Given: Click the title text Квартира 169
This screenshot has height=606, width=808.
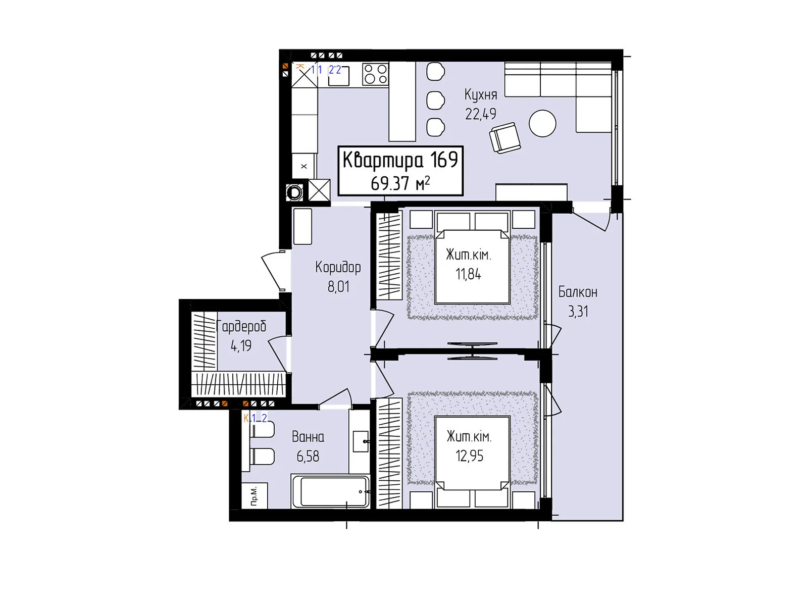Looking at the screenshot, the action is pos(400,161).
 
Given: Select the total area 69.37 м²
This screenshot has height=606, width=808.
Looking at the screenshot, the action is pos(400,183).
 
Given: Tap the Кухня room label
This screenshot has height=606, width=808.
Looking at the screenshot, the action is pos(480,95).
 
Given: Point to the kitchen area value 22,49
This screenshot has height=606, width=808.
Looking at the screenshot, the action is pos(480,114).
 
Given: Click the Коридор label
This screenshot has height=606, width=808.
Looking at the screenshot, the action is pos(338,268).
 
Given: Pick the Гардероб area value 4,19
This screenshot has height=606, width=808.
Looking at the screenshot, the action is pos(241,345).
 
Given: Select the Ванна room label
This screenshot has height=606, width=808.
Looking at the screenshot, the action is pos(308,437).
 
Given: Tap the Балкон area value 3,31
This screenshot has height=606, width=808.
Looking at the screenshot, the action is pos(578,312).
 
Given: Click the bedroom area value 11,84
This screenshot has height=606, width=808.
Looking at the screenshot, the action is pos(468,274).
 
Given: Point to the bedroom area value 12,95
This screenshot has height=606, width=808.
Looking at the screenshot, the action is pos(469,456).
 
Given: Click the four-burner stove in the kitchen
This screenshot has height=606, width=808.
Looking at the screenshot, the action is pos(376,74).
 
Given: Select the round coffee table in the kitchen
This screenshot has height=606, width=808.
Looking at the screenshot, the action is pos(542,123).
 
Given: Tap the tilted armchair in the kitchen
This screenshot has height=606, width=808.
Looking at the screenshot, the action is pos(504,137).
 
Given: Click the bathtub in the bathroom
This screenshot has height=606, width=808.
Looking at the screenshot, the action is pos(331,491).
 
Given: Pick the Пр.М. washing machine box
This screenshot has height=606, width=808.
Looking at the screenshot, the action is pos(255,495).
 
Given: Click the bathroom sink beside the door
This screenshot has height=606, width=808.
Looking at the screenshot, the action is pos(361,441).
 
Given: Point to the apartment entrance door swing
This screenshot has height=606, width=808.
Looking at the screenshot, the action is pos(272,271).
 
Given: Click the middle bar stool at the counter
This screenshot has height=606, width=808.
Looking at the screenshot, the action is pos(435,100).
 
